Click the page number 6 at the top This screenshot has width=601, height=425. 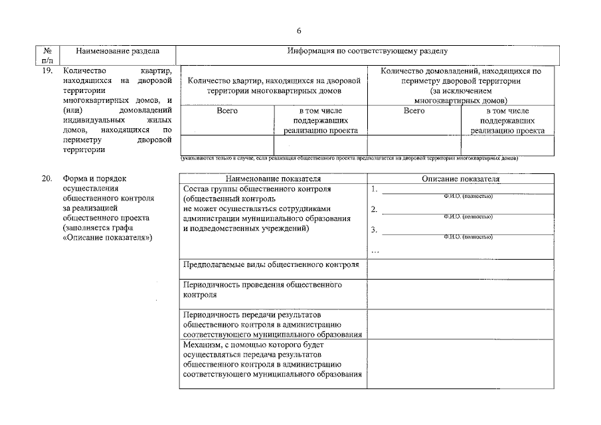point(299,31)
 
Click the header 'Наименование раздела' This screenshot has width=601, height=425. point(117,50)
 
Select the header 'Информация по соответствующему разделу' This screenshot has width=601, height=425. point(367,50)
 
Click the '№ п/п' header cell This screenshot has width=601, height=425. point(47,55)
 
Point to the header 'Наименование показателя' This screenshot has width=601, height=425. point(273,179)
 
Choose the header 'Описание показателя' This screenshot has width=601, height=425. point(461,179)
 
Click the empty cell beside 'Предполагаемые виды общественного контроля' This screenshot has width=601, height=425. point(461,269)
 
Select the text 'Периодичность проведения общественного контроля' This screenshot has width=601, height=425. point(262,290)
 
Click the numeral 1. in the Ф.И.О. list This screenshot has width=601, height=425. point(375,189)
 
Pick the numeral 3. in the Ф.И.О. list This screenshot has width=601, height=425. point(375,230)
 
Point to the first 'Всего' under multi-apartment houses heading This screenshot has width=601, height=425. point(227,111)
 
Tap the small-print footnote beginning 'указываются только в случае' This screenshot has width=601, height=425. point(349,159)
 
